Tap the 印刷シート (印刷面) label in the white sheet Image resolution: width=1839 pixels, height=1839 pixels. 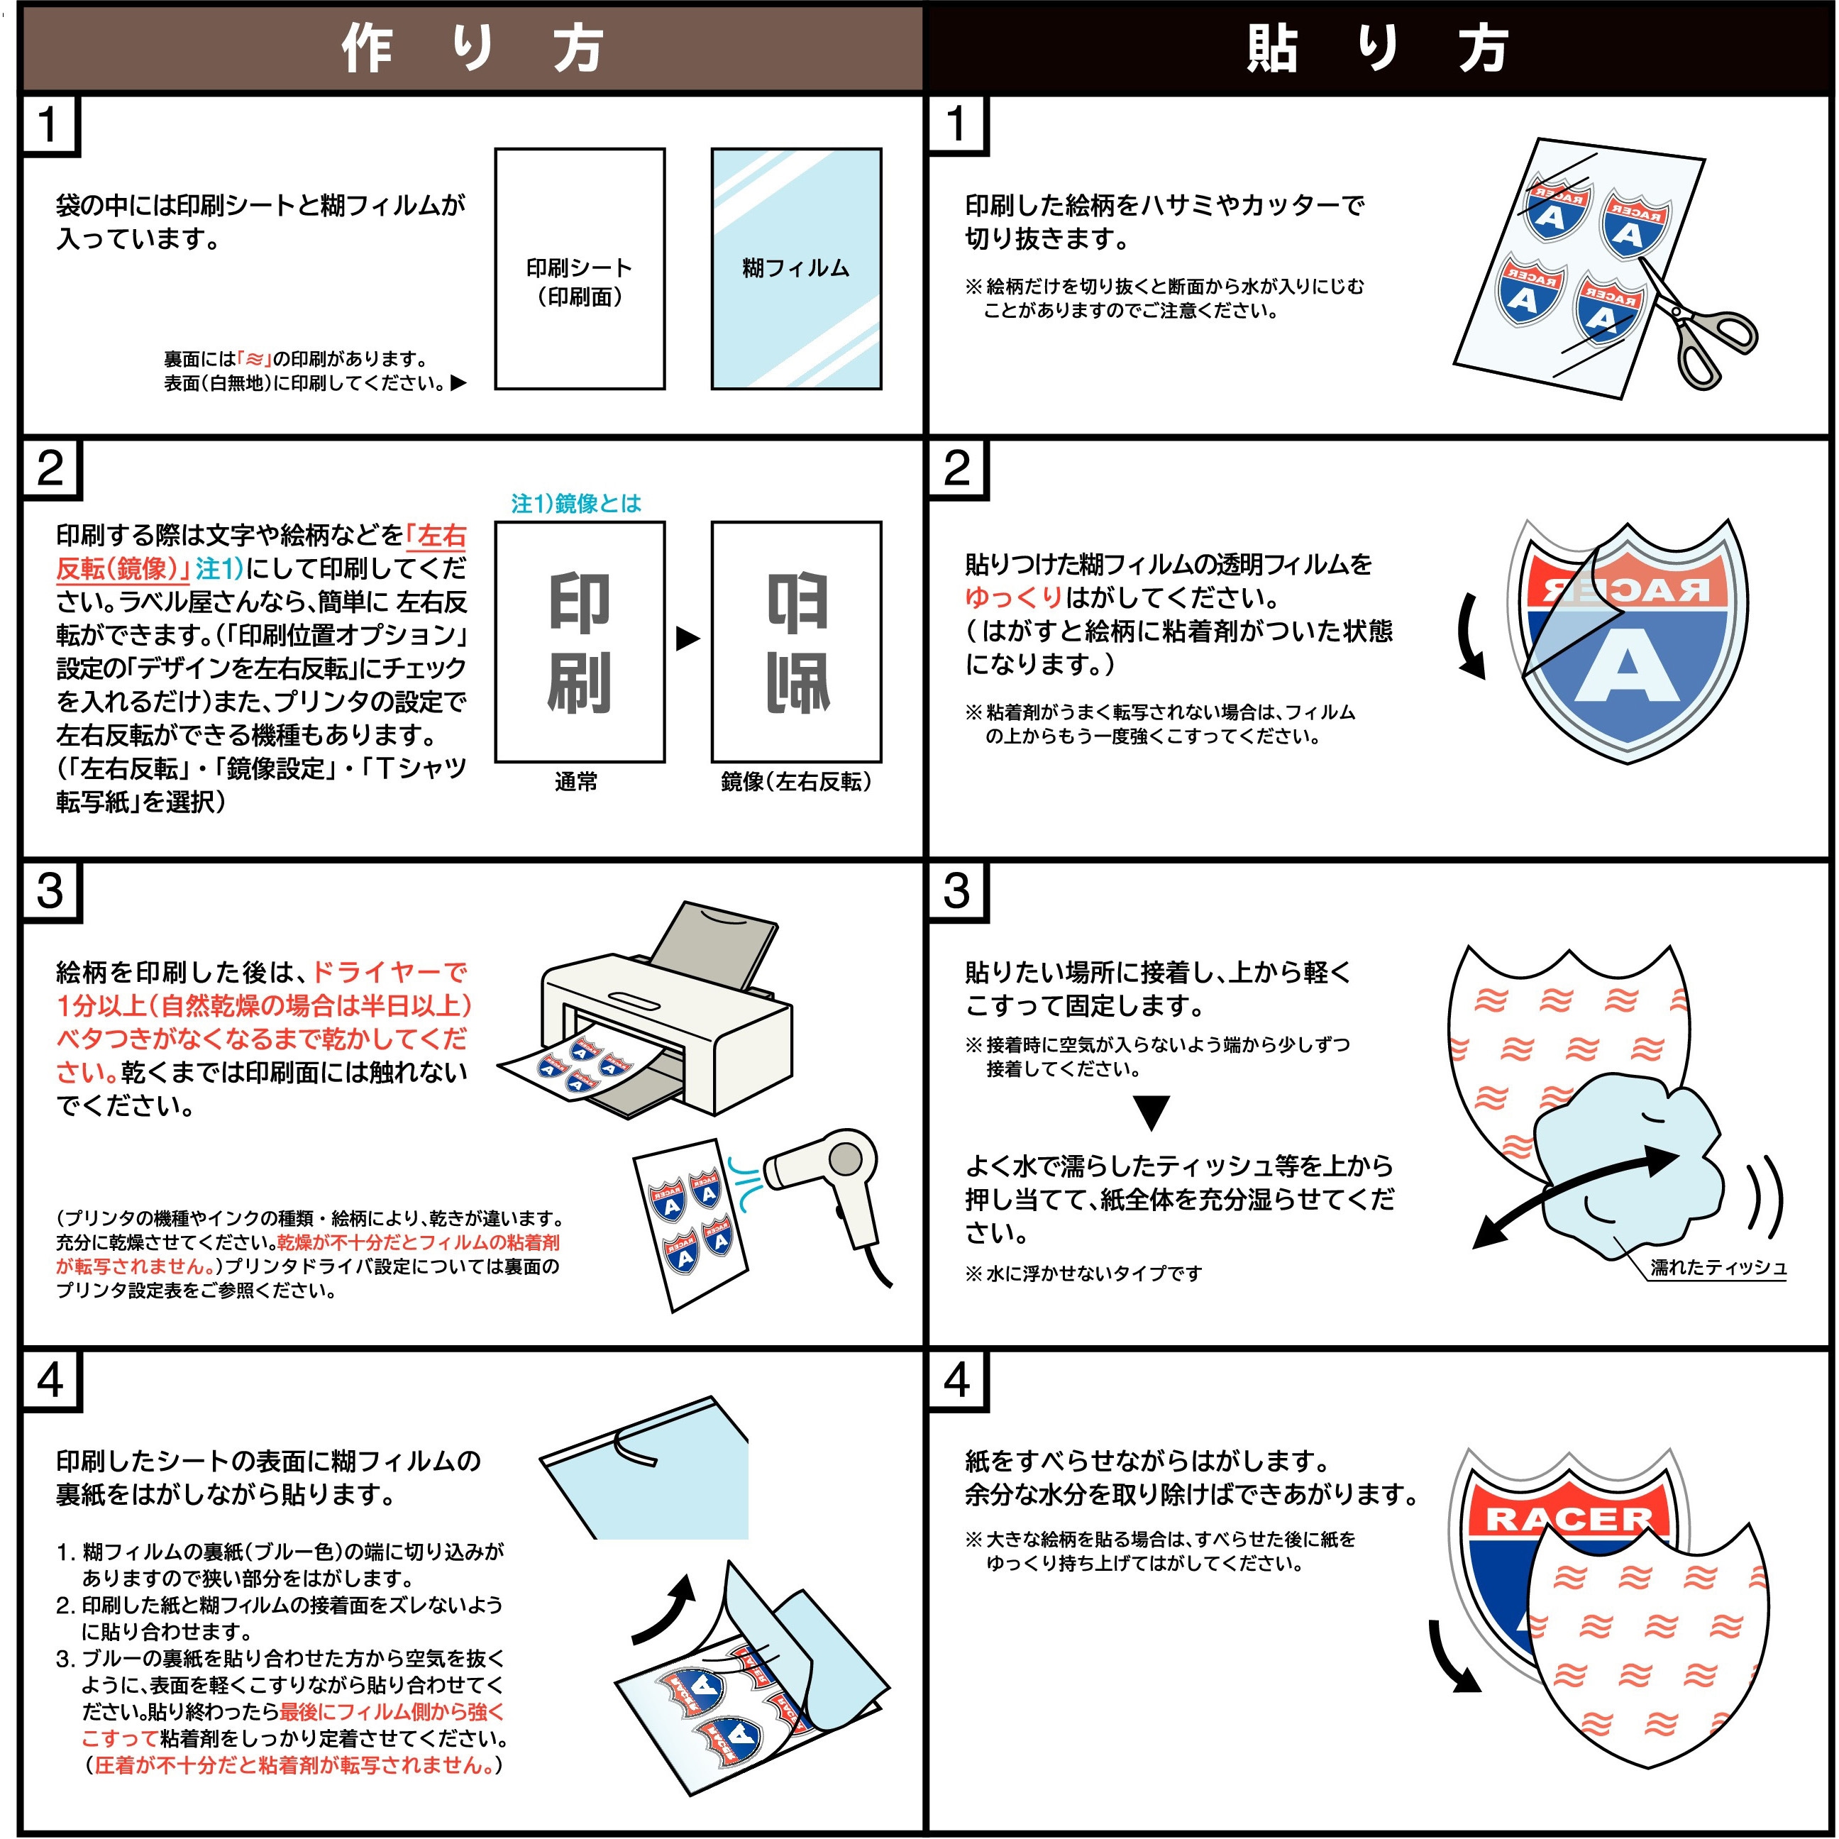579,282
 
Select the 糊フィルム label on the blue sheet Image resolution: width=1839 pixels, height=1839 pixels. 796,268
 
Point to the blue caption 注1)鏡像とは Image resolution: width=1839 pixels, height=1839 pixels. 576,504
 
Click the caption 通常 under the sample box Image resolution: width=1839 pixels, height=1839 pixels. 576,781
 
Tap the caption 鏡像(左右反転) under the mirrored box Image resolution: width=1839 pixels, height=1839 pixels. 796,781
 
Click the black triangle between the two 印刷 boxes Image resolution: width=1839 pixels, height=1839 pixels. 687,639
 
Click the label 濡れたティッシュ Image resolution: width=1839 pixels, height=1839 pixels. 1718,1267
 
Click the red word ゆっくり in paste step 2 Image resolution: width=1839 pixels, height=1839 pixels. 1012,598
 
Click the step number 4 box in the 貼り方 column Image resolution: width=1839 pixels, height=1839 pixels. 958,1379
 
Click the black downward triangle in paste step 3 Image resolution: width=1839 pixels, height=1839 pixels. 1152,1112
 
